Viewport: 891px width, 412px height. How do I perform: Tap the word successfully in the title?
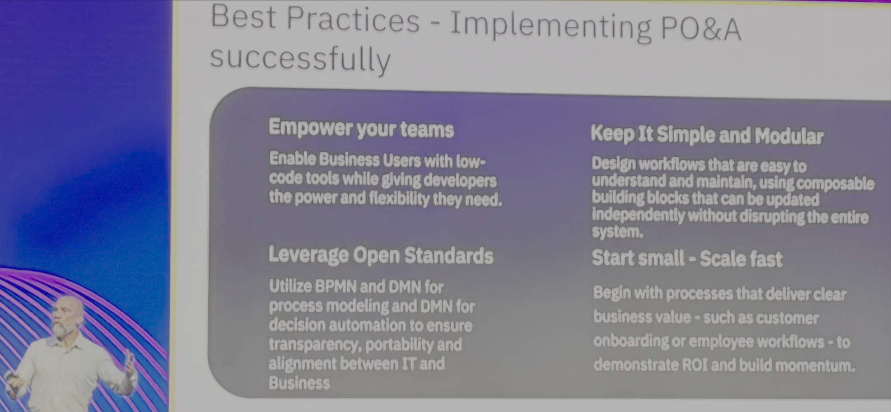[300, 59]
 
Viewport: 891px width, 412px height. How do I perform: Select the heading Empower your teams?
[361, 128]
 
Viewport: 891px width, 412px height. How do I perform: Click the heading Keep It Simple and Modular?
[707, 135]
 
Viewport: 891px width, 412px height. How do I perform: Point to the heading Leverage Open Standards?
[381, 255]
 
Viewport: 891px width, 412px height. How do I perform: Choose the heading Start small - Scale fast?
[687, 258]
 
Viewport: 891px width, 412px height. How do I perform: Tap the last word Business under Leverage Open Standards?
[299, 383]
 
